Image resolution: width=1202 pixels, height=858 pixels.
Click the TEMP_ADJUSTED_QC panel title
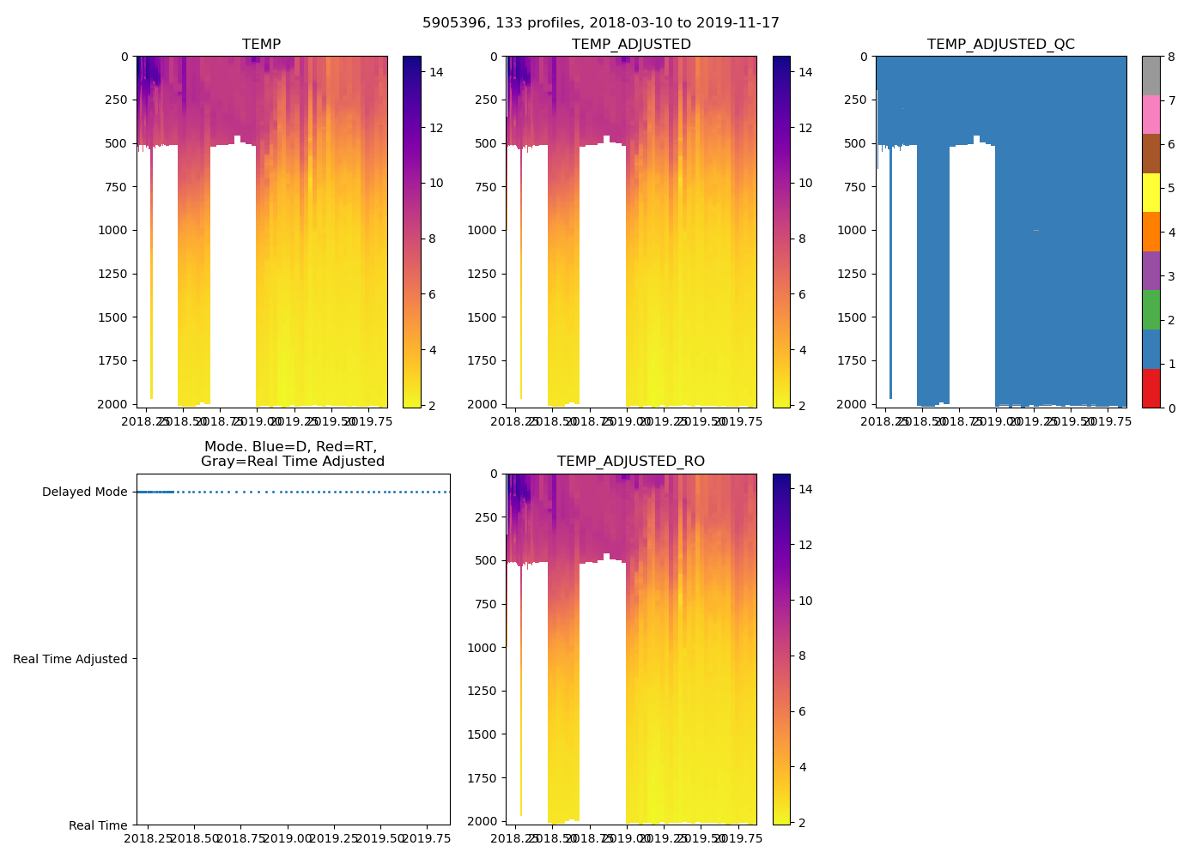tap(1000, 45)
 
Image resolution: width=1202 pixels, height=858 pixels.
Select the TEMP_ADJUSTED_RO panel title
tap(631, 462)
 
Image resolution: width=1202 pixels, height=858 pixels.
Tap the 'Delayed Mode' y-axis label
tap(84, 492)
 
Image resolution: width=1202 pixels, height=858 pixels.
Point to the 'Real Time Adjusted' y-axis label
tap(70, 659)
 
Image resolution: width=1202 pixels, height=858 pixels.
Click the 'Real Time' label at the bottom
tap(98, 825)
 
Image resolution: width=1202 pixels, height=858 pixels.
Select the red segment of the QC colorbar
tap(1150, 388)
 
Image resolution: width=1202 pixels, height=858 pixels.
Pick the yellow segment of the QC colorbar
tap(1150, 192)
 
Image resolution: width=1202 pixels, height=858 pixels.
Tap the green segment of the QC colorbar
tap(1150, 310)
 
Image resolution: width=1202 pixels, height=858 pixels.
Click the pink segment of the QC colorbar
tap(1150, 114)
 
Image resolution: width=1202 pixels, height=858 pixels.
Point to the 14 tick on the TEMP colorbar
tap(436, 72)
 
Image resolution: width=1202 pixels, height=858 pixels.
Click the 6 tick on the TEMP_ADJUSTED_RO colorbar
tap(805, 711)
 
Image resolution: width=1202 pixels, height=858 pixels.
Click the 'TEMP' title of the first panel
tap(261, 45)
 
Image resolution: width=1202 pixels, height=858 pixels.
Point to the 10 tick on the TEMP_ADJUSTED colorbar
tap(805, 183)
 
